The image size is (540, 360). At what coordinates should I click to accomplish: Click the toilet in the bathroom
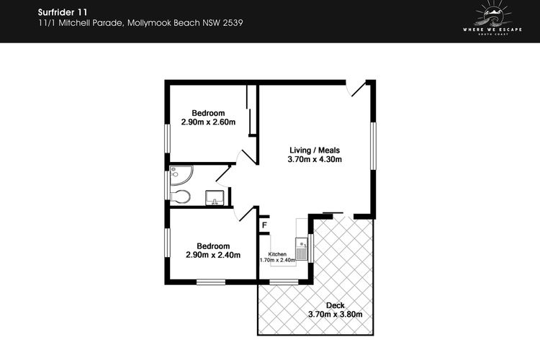180,197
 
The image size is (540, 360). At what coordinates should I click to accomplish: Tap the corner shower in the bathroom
181,175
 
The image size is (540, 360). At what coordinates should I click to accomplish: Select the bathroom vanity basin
215,198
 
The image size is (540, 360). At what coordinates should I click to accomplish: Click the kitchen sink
302,248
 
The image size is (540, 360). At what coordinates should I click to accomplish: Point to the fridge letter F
264,225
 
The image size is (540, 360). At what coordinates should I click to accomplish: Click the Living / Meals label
315,150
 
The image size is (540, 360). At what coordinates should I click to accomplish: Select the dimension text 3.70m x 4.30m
315,159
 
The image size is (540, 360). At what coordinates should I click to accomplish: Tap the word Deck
335,305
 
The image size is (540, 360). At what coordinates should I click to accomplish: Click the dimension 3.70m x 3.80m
335,314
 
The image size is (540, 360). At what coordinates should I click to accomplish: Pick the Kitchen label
277,254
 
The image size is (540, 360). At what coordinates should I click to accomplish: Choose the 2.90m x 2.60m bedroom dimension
208,122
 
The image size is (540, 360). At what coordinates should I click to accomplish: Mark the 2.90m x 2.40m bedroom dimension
213,255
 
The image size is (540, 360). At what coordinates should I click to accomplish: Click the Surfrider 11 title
63,12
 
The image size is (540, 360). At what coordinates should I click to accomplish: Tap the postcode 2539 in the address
233,23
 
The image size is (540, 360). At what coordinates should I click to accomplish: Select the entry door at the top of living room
356,89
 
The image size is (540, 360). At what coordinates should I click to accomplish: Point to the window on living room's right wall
373,145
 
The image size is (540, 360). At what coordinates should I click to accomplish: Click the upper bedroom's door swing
247,157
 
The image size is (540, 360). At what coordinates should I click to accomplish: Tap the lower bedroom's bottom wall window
211,282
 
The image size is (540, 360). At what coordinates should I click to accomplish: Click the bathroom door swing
223,176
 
